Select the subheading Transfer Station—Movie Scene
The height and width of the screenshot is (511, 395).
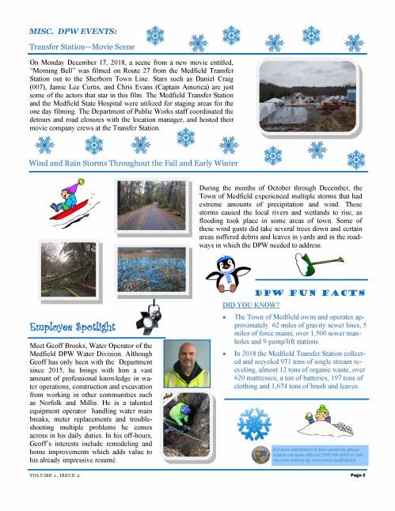(x=75, y=47)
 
